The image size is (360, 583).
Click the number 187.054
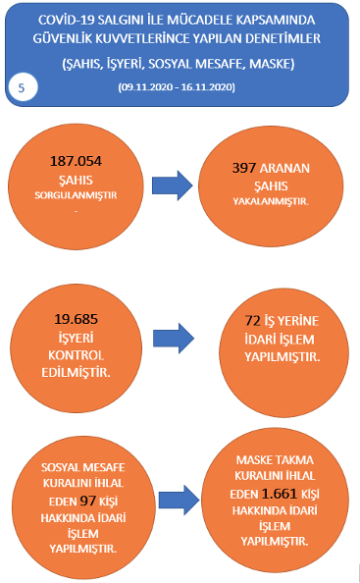(x=76, y=161)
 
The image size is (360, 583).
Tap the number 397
(x=243, y=168)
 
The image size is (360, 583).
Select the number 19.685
(x=77, y=319)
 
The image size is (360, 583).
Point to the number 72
(x=252, y=321)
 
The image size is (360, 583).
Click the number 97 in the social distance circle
(x=88, y=501)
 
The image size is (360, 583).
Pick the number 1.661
(x=280, y=494)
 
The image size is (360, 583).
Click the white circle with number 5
(x=22, y=87)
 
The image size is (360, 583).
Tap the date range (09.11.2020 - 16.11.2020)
(x=177, y=87)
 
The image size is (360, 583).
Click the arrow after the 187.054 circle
(x=173, y=185)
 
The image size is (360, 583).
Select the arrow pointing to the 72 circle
(x=174, y=338)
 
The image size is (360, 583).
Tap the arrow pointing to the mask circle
(x=180, y=501)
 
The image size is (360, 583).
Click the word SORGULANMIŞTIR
(x=76, y=195)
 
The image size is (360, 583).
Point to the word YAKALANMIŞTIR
(x=271, y=201)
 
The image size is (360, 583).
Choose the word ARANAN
(x=284, y=169)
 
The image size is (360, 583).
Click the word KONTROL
(x=77, y=355)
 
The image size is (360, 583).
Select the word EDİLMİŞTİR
(x=76, y=373)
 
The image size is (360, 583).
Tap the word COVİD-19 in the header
(x=66, y=20)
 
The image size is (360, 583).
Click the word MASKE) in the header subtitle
(x=272, y=64)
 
